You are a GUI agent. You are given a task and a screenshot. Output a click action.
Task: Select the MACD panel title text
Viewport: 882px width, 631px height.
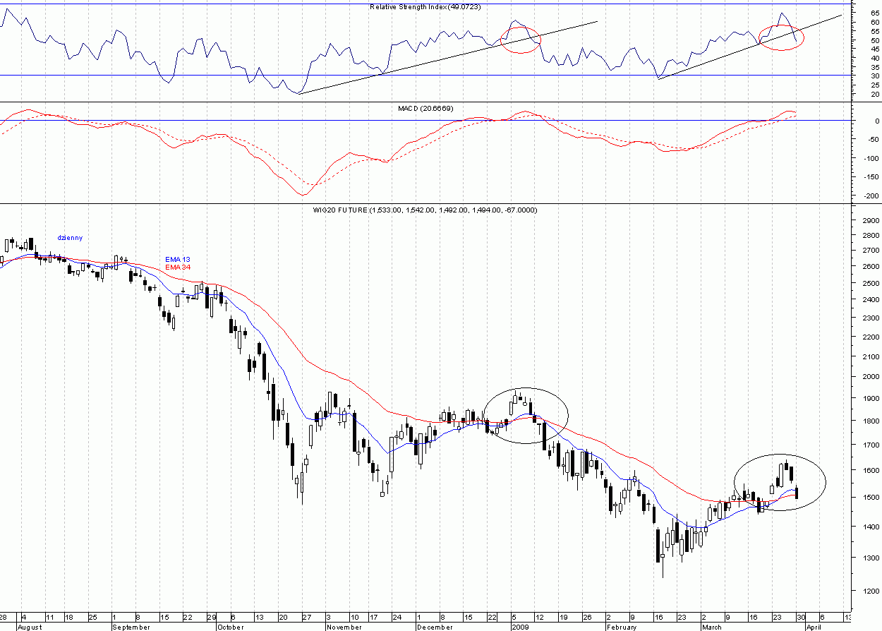point(434,108)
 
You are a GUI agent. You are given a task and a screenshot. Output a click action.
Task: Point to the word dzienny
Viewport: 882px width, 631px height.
point(70,238)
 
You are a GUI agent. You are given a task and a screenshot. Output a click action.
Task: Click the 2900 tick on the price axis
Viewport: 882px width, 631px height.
point(865,221)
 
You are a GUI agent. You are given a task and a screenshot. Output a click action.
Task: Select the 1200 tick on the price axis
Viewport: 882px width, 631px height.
point(865,591)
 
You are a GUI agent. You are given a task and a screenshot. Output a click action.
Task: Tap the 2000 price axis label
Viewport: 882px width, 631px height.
point(865,376)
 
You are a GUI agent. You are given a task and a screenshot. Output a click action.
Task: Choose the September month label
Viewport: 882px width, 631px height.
point(132,626)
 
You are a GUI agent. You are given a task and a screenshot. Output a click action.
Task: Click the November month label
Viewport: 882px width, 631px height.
point(345,626)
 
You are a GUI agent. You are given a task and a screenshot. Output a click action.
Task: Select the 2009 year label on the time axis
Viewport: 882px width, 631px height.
point(519,626)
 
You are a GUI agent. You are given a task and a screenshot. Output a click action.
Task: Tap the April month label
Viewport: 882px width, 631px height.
point(813,626)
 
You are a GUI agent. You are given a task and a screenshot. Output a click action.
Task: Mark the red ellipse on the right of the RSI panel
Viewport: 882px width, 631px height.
point(781,37)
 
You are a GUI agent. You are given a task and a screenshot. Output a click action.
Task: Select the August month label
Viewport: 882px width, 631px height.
point(30,626)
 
